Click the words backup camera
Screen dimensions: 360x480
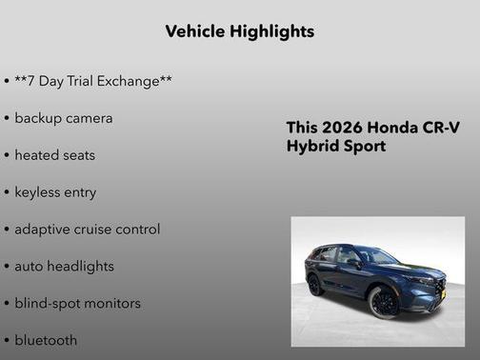[x=64, y=118]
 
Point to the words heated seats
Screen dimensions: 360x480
[x=55, y=155]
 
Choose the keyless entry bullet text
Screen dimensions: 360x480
[x=55, y=192]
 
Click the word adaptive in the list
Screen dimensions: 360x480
[x=44, y=230]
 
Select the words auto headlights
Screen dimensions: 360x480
[x=64, y=267]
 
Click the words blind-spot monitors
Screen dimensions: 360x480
[x=77, y=303]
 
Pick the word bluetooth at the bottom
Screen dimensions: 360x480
[x=46, y=340]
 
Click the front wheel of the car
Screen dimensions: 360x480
[x=384, y=302]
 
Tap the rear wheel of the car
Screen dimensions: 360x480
[x=315, y=285]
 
